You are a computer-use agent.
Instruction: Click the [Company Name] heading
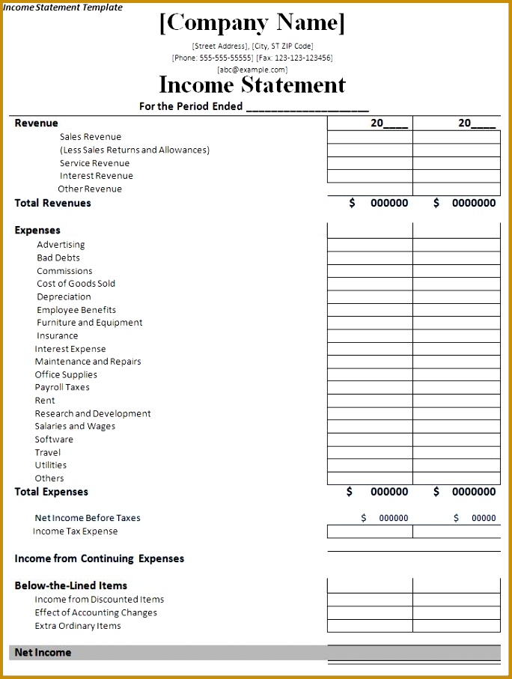(x=252, y=22)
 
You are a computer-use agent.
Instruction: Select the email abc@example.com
(x=252, y=70)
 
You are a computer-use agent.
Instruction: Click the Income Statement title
(x=252, y=85)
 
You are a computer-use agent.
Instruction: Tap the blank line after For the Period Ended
(x=307, y=106)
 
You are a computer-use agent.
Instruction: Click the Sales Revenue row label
(x=90, y=137)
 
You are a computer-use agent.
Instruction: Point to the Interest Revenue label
(x=96, y=176)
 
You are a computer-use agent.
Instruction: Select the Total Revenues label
(x=52, y=203)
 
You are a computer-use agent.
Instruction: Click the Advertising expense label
(x=61, y=245)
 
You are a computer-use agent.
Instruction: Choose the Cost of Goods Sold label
(x=76, y=284)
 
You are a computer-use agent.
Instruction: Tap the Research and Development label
(x=93, y=413)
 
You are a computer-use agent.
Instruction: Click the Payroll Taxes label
(x=62, y=388)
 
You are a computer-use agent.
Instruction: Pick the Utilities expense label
(x=50, y=465)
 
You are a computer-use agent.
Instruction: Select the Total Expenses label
(x=51, y=492)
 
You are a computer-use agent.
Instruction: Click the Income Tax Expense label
(x=75, y=532)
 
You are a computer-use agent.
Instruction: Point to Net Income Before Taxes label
(x=87, y=518)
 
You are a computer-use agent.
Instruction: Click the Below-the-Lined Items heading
(x=70, y=585)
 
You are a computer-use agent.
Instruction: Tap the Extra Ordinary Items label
(x=77, y=626)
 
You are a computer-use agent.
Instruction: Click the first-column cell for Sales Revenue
(x=370, y=138)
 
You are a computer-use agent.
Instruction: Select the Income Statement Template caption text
(x=63, y=7)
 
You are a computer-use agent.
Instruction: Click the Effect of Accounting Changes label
(x=96, y=612)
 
